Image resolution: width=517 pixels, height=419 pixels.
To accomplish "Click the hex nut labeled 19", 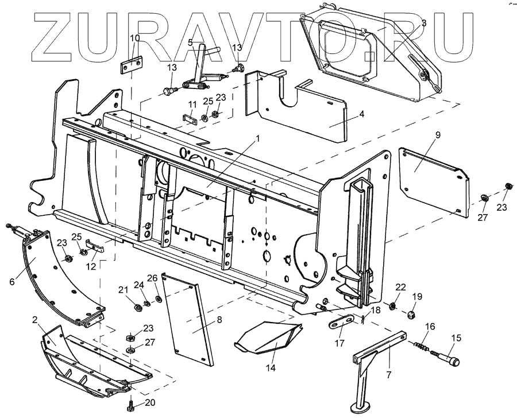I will pos(411,315).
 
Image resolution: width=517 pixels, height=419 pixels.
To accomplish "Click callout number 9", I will pos(438,135).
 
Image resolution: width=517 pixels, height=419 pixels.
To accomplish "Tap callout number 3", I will pos(423,23).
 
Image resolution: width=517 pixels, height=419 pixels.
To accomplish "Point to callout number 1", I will pos(258,138).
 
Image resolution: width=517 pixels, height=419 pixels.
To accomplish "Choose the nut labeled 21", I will pos(138,307).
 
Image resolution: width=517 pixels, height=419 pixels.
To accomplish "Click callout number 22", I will pos(401,287).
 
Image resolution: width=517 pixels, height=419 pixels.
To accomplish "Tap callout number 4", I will pos(361,114).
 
